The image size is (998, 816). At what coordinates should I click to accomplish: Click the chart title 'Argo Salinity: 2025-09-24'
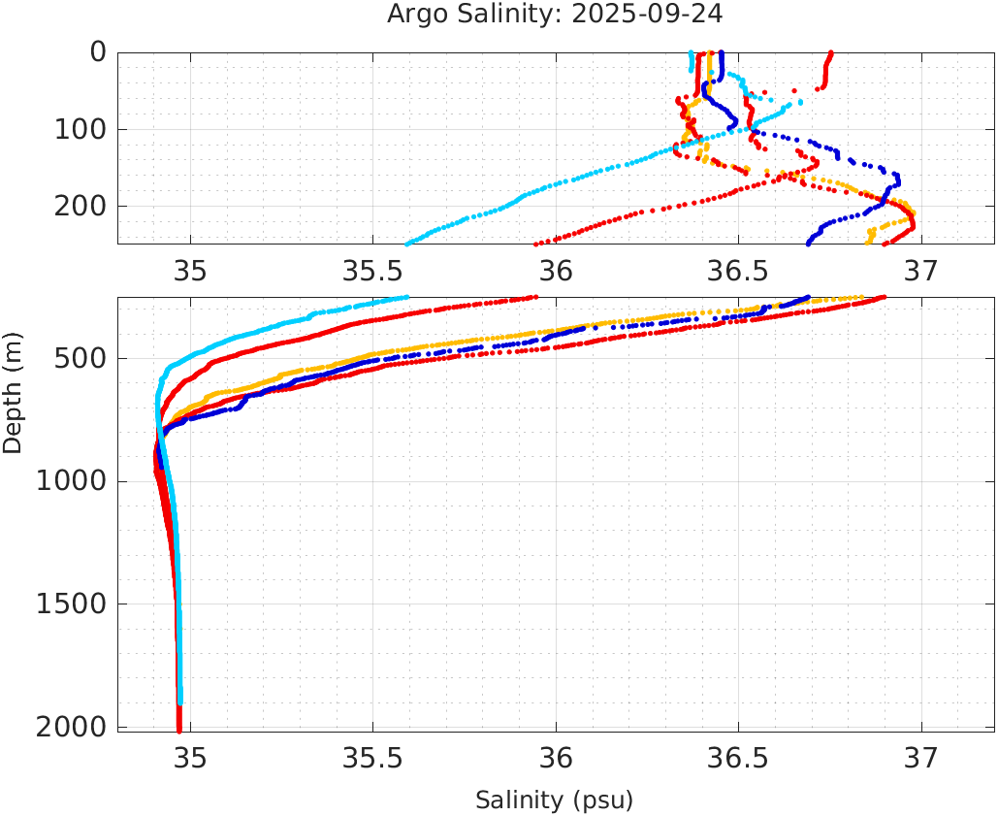pyautogui.click(x=555, y=15)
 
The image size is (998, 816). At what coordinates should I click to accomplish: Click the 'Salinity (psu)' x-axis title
pyautogui.click(x=554, y=800)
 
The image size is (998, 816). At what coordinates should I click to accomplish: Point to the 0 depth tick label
pyautogui.click(x=98, y=52)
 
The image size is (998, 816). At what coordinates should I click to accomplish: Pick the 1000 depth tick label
pyautogui.click(x=70, y=482)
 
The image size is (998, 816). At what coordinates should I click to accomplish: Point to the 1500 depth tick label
pyautogui.click(x=70, y=604)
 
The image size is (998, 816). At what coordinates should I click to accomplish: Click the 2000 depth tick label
pyautogui.click(x=70, y=727)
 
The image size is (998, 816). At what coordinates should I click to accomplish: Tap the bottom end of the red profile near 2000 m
pyautogui.click(x=179, y=730)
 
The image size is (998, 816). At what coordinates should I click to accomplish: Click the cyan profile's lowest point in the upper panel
pyautogui.click(x=407, y=243)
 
